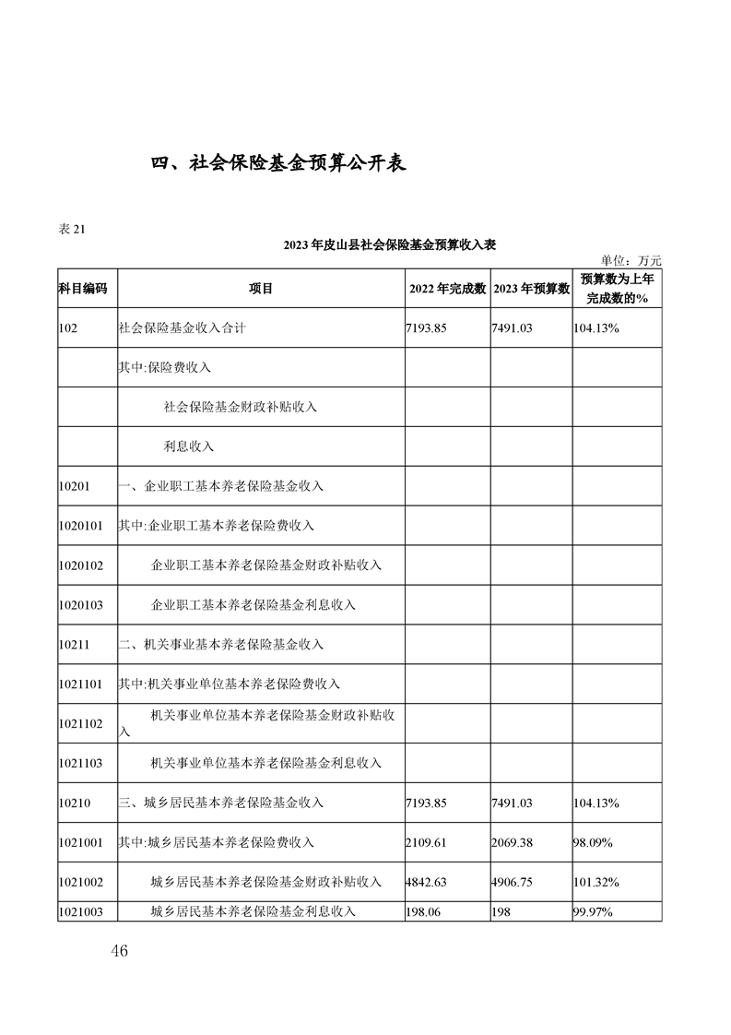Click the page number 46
click(x=117, y=951)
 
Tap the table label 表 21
click(x=72, y=230)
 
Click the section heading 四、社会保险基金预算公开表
click(x=279, y=163)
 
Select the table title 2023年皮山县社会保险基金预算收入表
click(x=390, y=244)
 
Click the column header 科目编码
click(x=83, y=289)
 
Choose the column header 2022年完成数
click(x=447, y=289)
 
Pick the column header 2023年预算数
click(x=531, y=289)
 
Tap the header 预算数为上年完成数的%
click(x=616, y=289)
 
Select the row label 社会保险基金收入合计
click(x=182, y=327)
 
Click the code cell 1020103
click(x=80, y=605)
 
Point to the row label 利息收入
click(x=189, y=446)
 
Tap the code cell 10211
click(x=74, y=645)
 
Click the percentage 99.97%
click(x=593, y=912)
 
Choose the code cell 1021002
click(x=80, y=882)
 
